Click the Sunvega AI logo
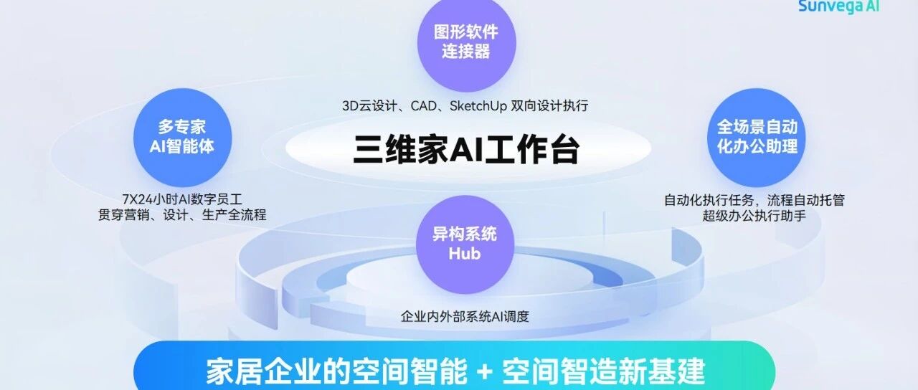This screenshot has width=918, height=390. [839, 6]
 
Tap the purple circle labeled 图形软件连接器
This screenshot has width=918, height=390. [466, 42]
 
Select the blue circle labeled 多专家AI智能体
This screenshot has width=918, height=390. [182, 137]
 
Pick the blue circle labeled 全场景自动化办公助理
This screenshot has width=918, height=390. [757, 137]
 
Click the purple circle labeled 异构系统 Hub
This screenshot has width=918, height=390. [465, 244]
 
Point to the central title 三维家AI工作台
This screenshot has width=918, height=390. [466, 150]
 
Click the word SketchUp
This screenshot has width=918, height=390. [478, 106]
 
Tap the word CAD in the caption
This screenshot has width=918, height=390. [424, 106]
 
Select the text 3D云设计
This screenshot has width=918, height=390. [369, 106]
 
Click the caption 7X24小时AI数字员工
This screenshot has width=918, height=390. [182, 199]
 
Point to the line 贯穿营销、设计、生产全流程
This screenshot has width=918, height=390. [182, 214]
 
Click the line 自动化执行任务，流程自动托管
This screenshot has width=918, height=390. [754, 200]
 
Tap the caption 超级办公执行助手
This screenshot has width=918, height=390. [754, 215]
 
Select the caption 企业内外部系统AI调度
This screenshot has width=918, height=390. [465, 316]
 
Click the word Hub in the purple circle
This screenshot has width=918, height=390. [465, 254]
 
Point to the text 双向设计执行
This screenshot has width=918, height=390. [549, 106]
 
